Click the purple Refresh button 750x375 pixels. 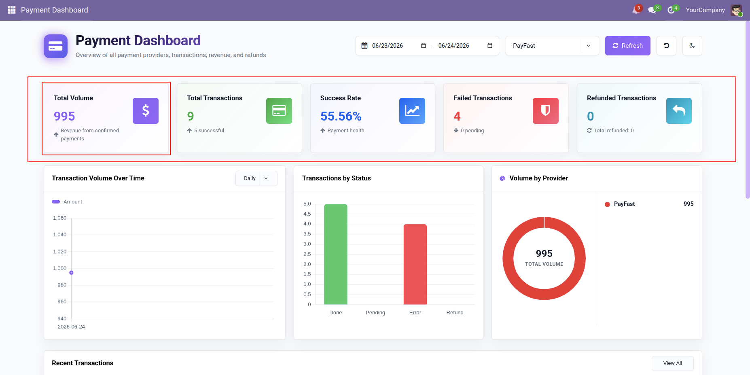pos(627,46)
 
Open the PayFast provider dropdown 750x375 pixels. pos(552,46)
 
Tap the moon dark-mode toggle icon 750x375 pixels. pos(692,46)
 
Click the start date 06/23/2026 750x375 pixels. pos(387,46)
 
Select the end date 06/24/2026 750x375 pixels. pos(453,46)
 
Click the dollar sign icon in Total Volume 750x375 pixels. pos(146,111)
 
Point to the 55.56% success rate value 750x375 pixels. pos(341,117)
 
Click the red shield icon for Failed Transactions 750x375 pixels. pos(546,111)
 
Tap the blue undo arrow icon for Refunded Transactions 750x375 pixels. pos(679,111)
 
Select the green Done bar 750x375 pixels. pos(336,254)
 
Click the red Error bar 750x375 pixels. pos(415,264)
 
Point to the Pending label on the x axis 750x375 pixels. pos(375,313)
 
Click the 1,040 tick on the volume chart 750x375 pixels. pos(60,235)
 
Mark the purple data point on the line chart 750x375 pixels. pos(71,273)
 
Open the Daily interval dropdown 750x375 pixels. pos(256,178)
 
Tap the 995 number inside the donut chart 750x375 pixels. pos(544,254)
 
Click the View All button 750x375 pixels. pos(673,363)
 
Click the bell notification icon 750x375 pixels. pos(636,10)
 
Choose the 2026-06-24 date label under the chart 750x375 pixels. pos(71,327)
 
